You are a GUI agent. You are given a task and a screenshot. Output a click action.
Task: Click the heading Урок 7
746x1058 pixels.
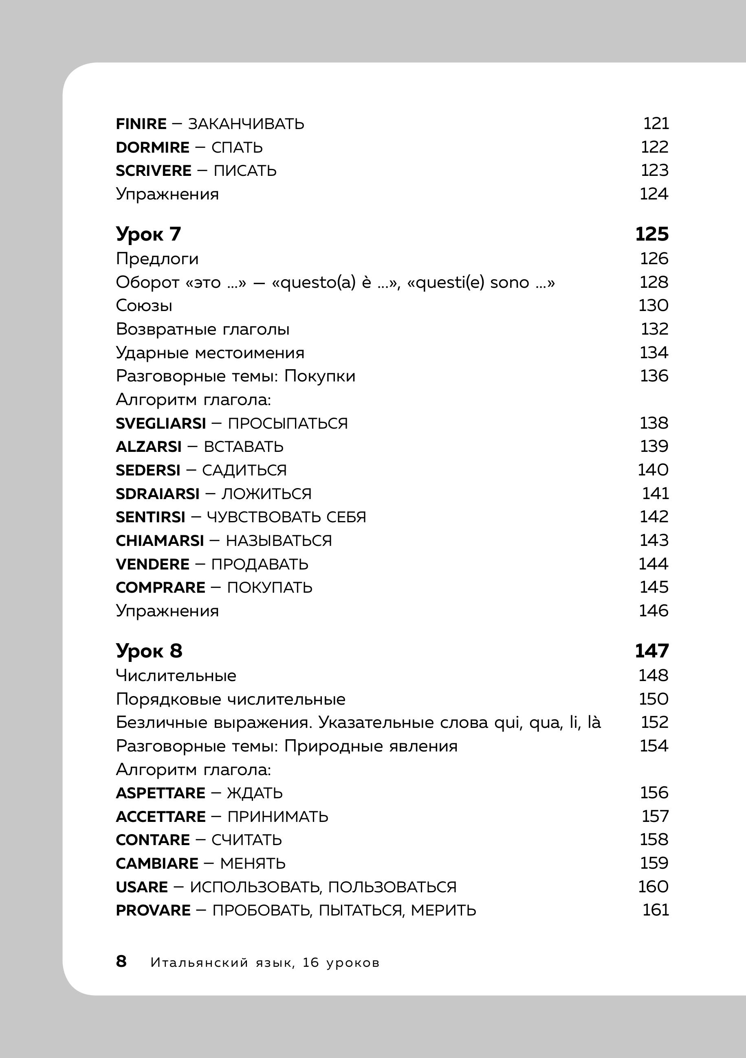[148, 234]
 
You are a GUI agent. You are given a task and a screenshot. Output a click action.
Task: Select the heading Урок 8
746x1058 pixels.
[149, 651]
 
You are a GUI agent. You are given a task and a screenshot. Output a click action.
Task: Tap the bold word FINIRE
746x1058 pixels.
[141, 124]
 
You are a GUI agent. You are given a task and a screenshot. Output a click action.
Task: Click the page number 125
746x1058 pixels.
[651, 234]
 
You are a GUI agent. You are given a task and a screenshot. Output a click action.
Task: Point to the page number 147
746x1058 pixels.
[651, 651]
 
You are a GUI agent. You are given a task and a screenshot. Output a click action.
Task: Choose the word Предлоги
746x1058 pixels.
[157, 259]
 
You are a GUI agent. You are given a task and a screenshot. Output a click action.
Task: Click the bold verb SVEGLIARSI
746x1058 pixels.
[161, 423]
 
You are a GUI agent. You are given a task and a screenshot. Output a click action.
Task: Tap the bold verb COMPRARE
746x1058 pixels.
[160, 587]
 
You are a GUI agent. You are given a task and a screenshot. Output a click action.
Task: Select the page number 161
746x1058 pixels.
[656, 910]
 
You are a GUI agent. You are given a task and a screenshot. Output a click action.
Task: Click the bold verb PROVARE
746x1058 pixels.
[153, 911]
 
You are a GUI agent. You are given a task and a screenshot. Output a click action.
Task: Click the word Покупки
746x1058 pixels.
[319, 376]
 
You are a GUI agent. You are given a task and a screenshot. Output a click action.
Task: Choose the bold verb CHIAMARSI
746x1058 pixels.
[160, 541]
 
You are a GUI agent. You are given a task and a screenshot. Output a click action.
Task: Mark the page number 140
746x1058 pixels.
[653, 470]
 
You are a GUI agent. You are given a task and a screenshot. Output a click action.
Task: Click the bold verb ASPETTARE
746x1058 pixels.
[161, 793]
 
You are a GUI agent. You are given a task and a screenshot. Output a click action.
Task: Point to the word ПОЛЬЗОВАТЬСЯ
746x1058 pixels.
[392, 887]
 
